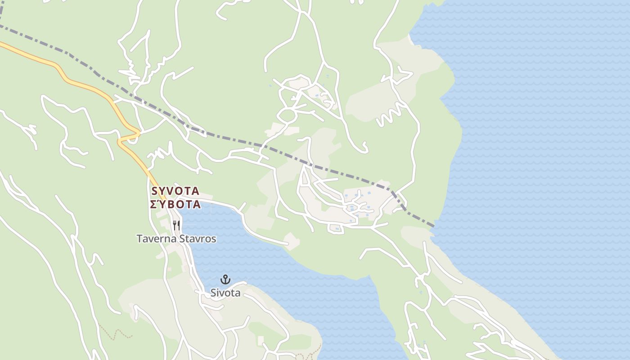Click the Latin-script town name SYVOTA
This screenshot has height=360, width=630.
tap(175, 191)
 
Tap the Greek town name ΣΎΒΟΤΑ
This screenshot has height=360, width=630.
tap(175, 204)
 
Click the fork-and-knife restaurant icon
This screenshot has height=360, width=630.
tap(176, 225)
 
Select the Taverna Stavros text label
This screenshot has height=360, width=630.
tap(176, 239)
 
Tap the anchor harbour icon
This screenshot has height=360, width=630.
tap(225, 279)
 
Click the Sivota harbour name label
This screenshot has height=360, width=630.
tap(225, 293)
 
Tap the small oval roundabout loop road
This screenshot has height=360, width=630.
tap(287, 115)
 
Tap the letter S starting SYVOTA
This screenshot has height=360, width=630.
tap(155, 191)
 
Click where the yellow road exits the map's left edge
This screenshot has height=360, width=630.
tap(1, 44)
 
